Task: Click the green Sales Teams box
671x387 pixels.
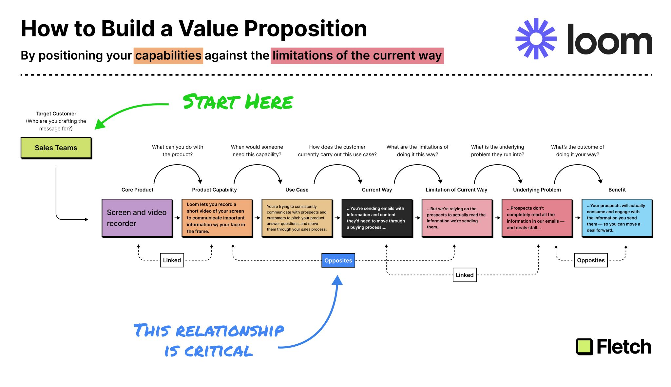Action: (56, 148)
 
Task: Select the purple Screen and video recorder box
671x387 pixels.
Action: (137, 218)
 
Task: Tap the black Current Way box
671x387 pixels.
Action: (377, 218)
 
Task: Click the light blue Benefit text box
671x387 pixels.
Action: (617, 218)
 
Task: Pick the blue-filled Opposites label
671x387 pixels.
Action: (338, 260)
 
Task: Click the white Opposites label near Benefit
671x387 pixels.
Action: (591, 260)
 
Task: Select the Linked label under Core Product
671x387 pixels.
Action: (172, 260)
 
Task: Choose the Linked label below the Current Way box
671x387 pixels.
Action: (464, 275)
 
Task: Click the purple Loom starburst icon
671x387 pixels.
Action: (536, 39)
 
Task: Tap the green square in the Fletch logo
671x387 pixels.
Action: (585, 347)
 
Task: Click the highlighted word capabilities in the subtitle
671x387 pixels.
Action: (168, 55)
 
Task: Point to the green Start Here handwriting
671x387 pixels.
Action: (238, 102)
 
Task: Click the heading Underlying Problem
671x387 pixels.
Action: (537, 190)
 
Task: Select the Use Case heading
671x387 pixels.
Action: (297, 190)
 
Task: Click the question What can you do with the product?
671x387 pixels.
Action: (178, 151)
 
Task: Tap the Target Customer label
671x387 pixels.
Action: (56, 113)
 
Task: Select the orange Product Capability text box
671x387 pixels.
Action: (217, 218)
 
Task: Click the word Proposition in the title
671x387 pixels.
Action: (305, 29)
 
